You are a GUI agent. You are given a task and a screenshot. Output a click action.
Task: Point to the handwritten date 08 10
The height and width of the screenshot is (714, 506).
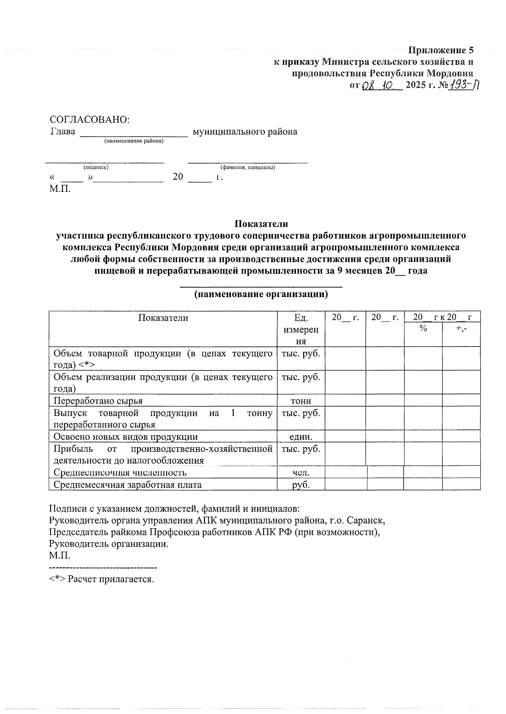point(377,86)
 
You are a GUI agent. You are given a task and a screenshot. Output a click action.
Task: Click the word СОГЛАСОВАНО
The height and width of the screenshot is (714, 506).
point(89,120)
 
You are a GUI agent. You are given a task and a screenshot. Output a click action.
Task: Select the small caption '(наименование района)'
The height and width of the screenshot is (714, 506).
point(134,141)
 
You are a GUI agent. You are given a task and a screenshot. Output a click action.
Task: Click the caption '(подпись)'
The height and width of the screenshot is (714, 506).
point(96,167)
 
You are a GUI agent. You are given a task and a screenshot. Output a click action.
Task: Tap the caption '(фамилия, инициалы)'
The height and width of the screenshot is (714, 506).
point(248,167)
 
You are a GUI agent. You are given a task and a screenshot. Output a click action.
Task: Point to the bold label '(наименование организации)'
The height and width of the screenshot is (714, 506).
point(261,294)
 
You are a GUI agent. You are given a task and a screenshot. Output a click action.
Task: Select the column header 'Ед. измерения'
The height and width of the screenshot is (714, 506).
point(301,329)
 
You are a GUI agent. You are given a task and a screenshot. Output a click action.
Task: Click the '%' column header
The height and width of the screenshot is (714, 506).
point(423,329)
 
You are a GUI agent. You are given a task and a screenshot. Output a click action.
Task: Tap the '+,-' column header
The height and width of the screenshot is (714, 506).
point(461,329)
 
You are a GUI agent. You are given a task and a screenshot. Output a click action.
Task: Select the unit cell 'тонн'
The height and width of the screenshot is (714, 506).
point(301,401)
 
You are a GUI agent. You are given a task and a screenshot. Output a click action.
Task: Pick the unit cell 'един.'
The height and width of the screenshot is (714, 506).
point(301,437)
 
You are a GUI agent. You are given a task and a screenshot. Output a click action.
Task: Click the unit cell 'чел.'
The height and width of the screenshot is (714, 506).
point(301,472)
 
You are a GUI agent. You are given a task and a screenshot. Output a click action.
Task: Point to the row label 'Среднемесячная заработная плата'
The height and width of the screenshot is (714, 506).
point(127,485)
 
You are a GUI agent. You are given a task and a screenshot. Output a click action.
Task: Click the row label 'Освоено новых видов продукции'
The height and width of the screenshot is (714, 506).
point(126,437)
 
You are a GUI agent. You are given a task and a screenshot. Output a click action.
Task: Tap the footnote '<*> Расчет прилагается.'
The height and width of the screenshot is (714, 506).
point(102,579)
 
